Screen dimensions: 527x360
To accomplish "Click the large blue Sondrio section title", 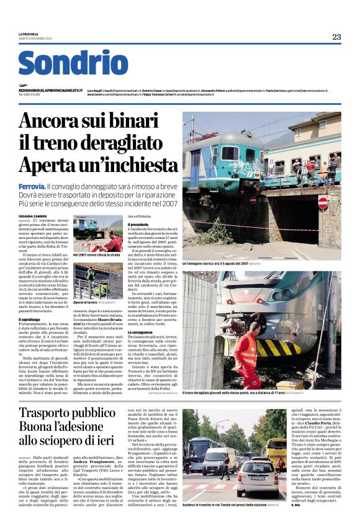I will [x=73, y=63].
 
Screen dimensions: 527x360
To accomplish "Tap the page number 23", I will [x=336, y=37].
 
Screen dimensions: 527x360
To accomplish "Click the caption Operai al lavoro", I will [x=86, y=302].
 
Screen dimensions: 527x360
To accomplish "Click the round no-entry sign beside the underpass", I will [x=322, y=202].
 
